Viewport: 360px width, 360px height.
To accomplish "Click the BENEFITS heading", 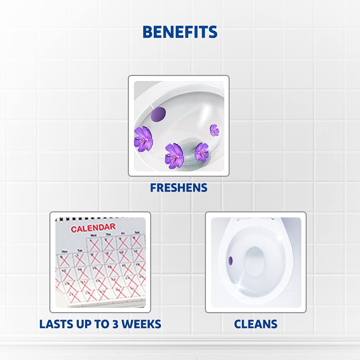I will [x=180, y=32].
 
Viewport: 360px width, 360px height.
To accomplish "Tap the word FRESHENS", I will [x=179, y=188].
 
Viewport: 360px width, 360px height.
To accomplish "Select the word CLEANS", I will [x=256, y=324].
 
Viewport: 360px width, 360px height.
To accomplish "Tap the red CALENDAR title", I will [x=93, y=228].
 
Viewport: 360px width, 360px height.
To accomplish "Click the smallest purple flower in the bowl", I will [x=214, y=130].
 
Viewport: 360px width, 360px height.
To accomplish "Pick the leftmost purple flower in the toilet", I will [x=143, y=138].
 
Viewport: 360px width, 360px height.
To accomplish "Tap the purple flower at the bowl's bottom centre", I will [x=174, y=156].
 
